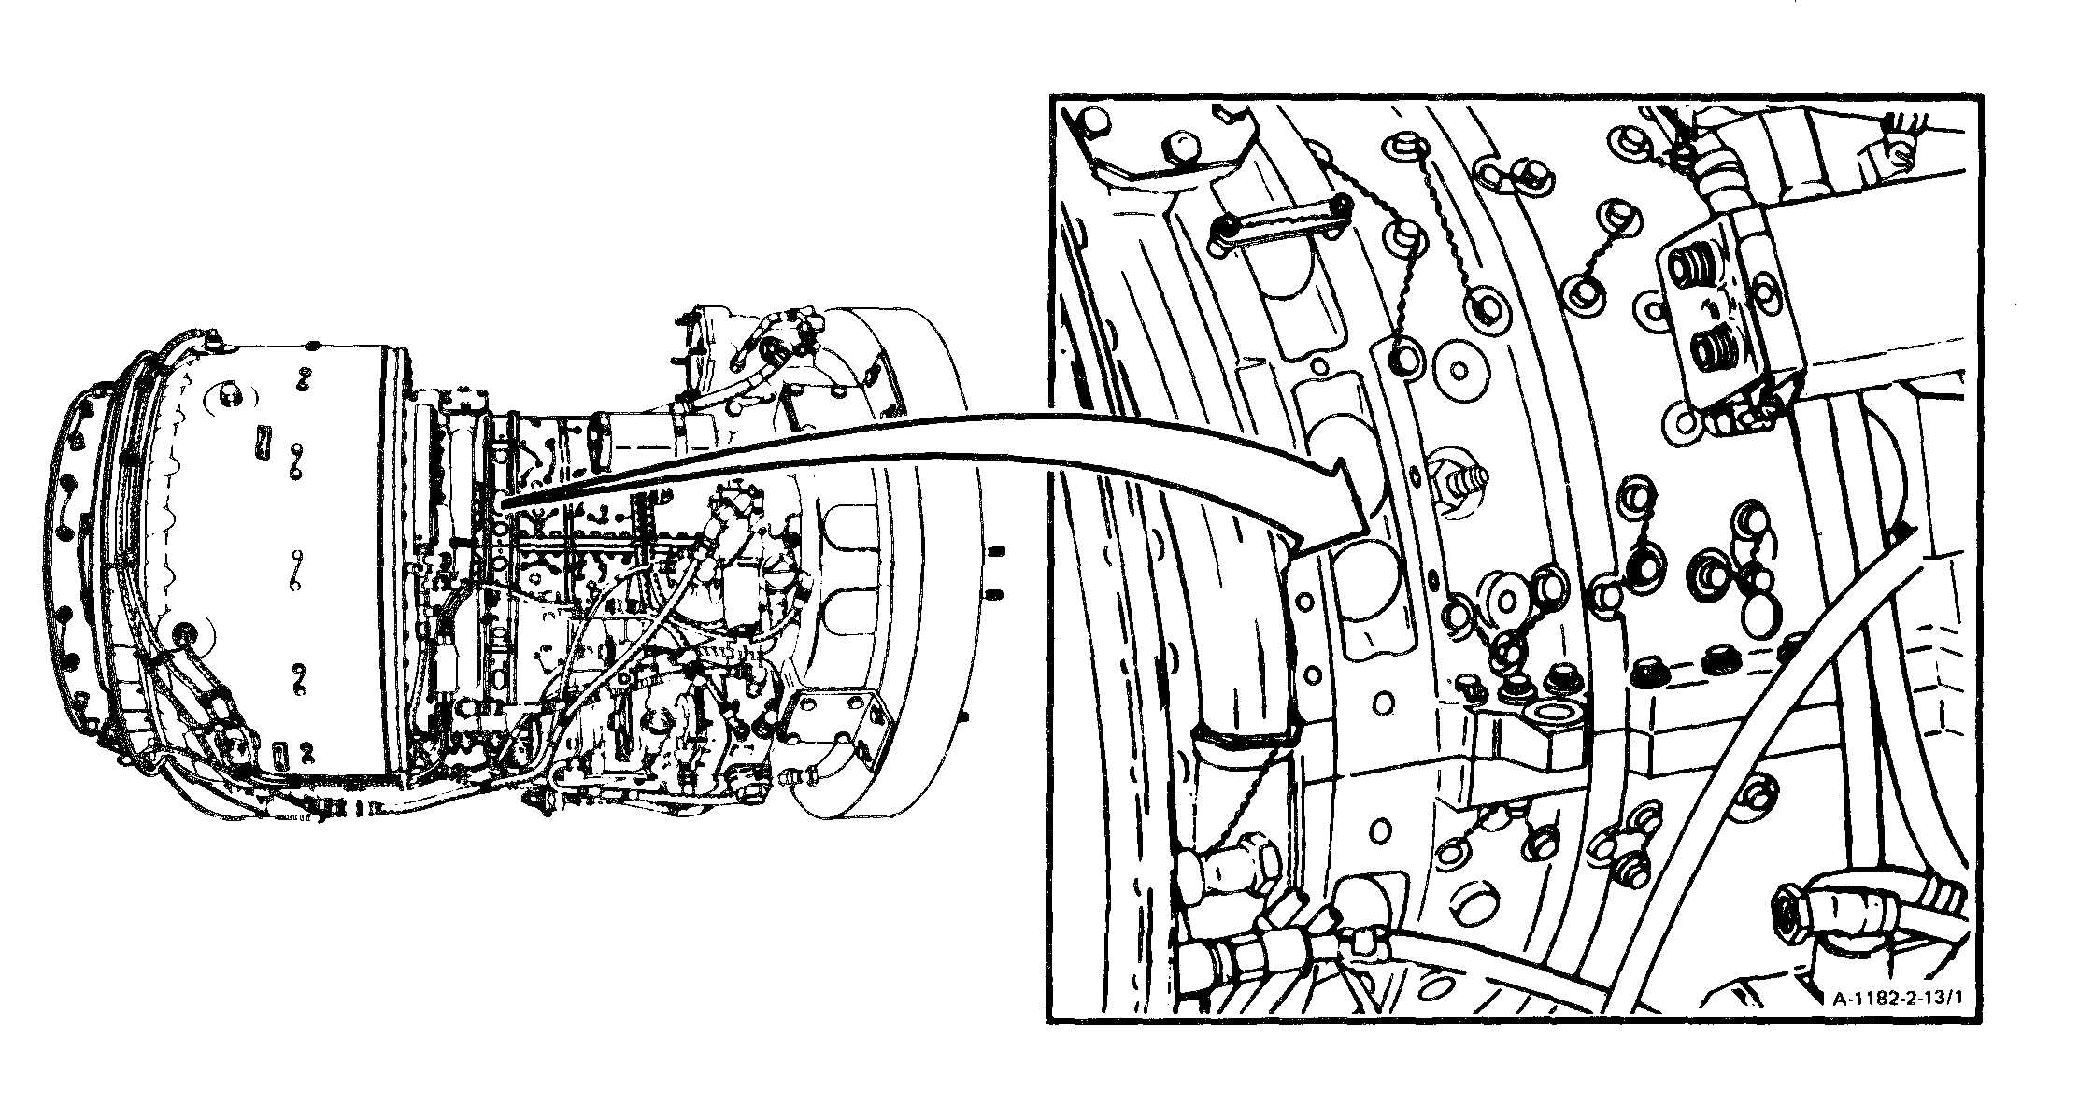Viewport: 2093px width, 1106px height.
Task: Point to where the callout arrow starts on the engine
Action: [x=505, y=504]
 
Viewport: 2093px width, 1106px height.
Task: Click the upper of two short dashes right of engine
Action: [x=996, y=550]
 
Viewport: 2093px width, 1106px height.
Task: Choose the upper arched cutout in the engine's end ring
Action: [x=853, y=522]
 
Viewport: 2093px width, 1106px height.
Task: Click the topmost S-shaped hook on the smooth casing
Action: [x=304, y=377]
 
